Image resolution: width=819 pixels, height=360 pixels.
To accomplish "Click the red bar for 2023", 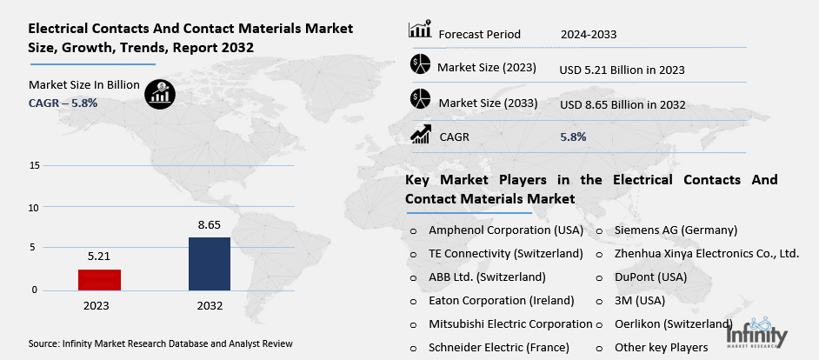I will point(99,279).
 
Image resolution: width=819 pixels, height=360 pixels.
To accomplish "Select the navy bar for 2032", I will point(210,263).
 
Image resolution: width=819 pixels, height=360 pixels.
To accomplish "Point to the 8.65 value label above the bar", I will point(210,224).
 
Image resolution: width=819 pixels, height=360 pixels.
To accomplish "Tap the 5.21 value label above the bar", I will point(99,257).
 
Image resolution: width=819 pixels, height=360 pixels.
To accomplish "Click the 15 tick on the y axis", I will point(34,165).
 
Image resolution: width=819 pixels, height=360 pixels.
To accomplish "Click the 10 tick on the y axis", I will point(34,207).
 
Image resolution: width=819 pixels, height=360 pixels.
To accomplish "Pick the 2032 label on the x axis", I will point(210,306).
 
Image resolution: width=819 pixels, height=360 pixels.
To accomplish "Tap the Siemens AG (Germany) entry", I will point(676,230).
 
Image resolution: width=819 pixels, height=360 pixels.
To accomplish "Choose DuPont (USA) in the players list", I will point(650,277).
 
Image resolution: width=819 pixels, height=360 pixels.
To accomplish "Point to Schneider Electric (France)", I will point(499,347).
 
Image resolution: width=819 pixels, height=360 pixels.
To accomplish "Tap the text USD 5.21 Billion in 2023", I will point(623,69).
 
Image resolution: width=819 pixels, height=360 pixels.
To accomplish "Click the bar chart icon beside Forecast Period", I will point(420,31).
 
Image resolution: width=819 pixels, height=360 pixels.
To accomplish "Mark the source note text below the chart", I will point(160,343).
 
